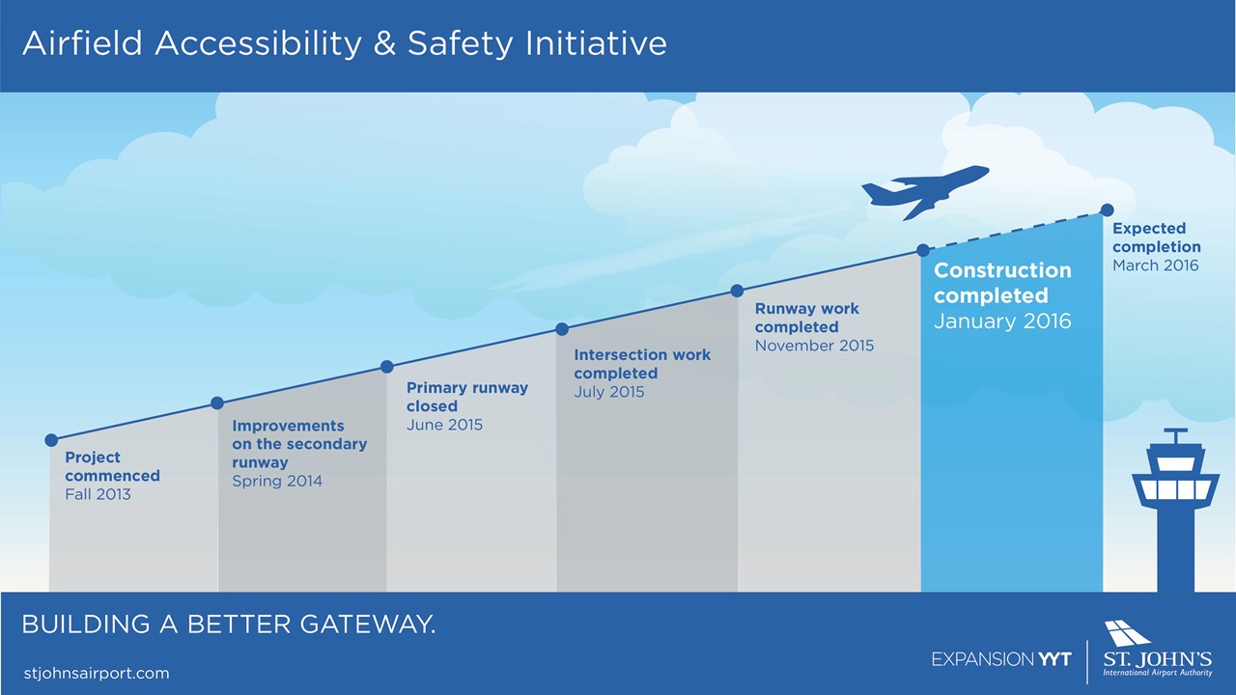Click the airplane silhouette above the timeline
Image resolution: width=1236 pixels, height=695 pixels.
[x=925, y=192]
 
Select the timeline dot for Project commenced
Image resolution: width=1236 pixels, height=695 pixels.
[x=51, y=440]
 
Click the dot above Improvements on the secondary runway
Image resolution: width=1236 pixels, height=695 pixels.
[x=217, y=403]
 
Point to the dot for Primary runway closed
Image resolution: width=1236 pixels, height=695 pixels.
[x=387, y=367]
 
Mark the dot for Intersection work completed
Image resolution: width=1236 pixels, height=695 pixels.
[x=562, y=329]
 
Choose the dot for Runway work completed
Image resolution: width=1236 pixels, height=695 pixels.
[x=737, y=291]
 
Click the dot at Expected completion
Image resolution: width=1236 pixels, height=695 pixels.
[x=1107, y=210]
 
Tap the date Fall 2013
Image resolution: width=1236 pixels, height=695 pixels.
[x=98, y=494]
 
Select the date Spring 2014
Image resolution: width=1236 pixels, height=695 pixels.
[x=277, y=482]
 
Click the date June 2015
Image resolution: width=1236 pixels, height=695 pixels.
[x=444, y=425]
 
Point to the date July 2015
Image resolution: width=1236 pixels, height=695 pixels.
[x=608, y=392]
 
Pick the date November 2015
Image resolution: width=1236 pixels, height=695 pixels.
[x=814, y=346]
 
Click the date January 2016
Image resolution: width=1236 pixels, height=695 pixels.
[x=1002, y=321]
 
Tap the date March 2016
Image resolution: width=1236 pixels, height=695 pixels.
[x=1156, y=265]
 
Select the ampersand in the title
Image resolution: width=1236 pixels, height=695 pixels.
[x=384, y=43]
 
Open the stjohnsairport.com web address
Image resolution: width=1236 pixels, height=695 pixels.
[x=97, y=674]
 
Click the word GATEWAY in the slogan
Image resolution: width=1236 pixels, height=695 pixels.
[x=368, y=625]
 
